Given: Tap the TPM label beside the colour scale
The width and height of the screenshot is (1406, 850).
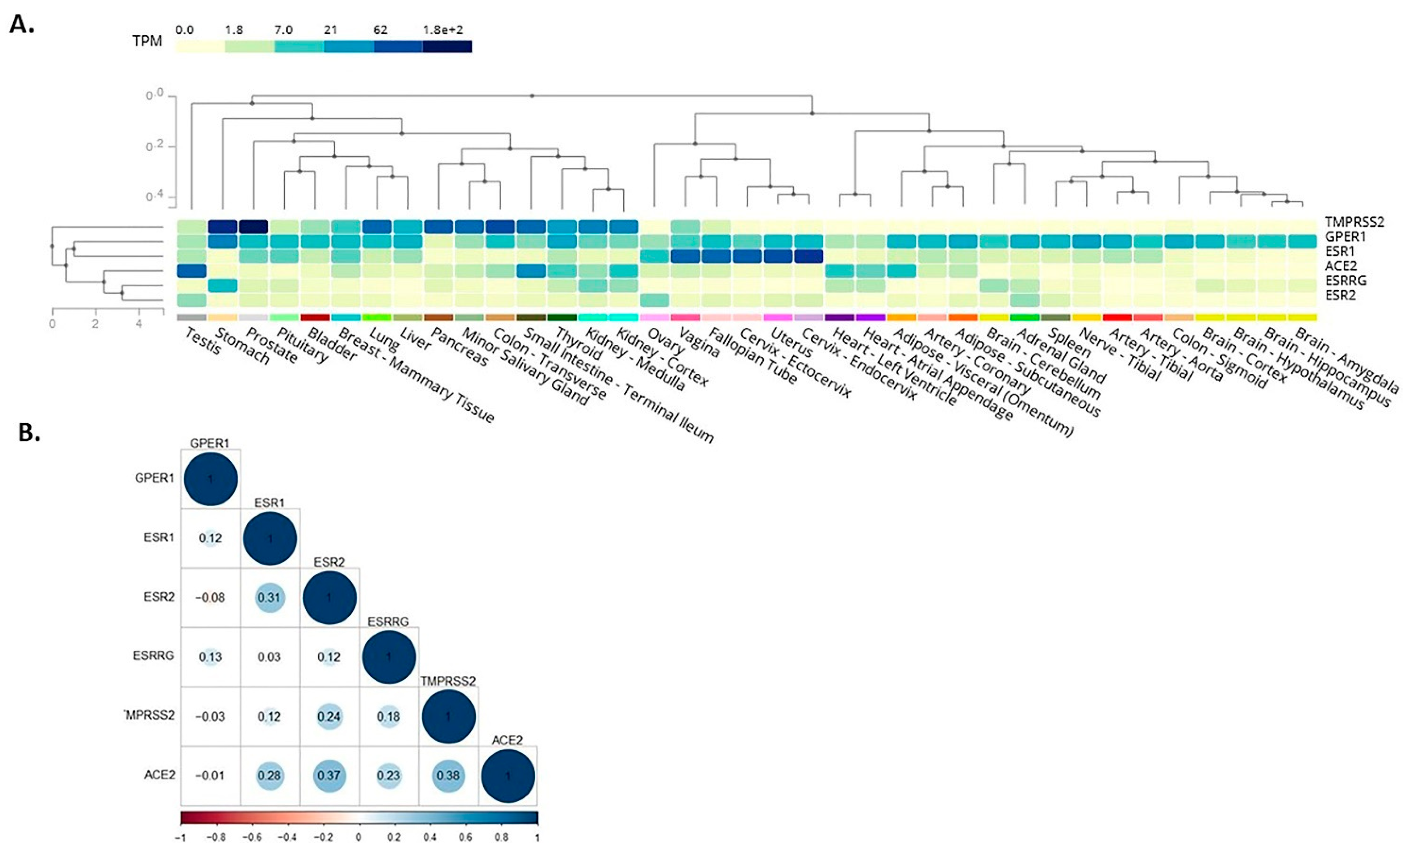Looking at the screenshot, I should tap(147, 42).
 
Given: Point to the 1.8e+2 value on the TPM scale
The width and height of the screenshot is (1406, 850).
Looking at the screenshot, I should tap(443, 30).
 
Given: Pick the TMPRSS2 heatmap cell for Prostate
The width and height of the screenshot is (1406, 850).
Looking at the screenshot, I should tap(253, 226).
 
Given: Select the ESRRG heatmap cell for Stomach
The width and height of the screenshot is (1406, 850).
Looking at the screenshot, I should tap(222, 285).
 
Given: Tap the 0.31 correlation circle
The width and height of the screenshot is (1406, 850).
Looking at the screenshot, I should tap(270, 597).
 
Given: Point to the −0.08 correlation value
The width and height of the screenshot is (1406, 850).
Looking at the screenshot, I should tap(210, 597).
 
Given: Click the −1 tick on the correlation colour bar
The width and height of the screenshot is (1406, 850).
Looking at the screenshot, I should tap(181, 838).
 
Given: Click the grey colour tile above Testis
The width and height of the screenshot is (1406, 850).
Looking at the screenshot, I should tap(191, 317).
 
